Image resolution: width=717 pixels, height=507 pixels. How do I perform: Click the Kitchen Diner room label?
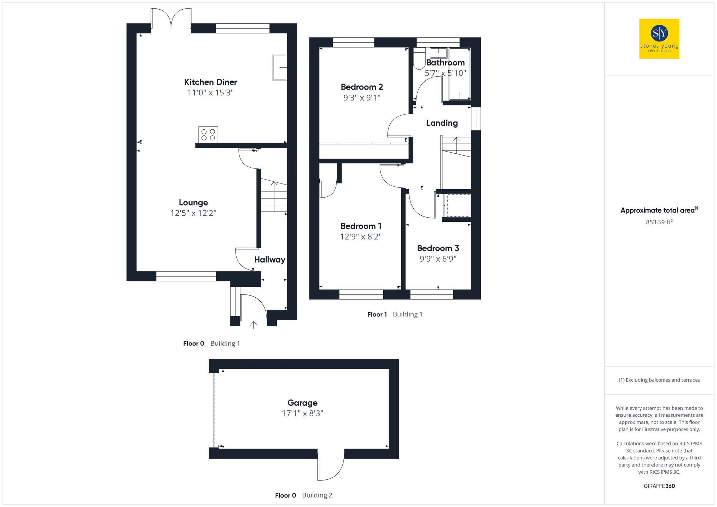[210, 82]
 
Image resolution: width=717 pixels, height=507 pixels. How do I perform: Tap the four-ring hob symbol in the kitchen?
[208, 135]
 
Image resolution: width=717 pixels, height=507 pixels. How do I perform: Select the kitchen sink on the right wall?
[279, 67]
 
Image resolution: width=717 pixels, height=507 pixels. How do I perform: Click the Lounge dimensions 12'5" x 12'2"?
[193, 213]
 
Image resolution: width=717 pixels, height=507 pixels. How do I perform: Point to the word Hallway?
[270, 260]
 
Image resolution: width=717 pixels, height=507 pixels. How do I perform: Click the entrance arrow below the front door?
[253, 325]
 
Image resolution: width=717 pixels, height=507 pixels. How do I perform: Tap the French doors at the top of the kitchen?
[171, 19]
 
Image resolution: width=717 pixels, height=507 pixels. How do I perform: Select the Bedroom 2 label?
[362, 87]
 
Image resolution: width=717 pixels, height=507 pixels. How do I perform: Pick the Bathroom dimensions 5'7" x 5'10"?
[445, 73]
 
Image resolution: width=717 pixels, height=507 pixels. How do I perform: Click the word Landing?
[442, 123]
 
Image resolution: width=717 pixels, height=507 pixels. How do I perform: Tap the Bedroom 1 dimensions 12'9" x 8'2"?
[361, 237]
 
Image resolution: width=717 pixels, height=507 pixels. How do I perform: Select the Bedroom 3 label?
[438, 248]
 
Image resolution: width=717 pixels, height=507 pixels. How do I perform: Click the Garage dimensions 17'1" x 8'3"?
[302, 413]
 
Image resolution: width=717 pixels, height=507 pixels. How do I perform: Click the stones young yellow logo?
[659, 39]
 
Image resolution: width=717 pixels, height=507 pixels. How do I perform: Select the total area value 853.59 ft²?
[659, 222]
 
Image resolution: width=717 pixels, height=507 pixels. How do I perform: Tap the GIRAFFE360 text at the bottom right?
[659, 486]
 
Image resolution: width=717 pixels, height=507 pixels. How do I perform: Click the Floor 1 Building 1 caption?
[395, 315]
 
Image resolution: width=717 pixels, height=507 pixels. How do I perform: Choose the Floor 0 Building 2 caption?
[303, 496]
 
